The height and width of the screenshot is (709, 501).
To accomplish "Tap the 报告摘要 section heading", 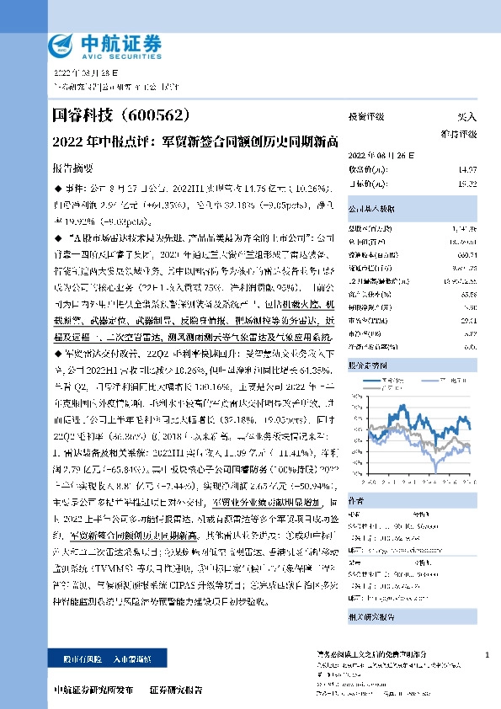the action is tap(73, 168).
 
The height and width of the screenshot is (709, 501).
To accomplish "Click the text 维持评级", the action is tap(459, 135).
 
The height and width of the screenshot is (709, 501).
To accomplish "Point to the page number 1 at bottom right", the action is tap(487, 655).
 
